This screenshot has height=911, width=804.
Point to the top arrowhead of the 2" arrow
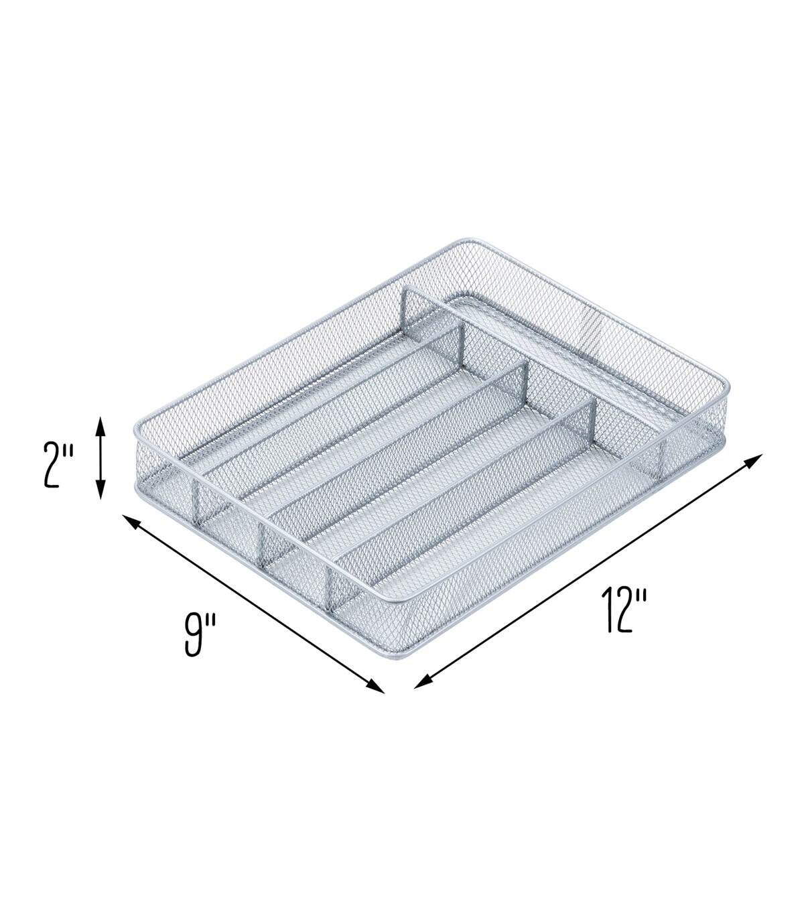[x=100, y=421]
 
